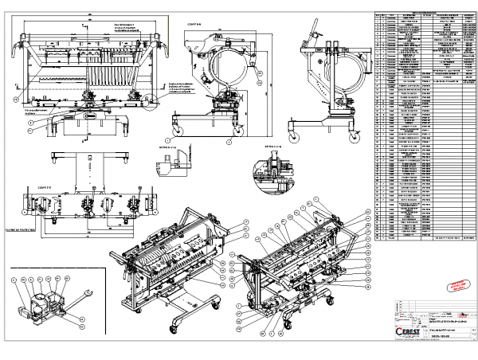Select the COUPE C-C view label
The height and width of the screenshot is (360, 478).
coord(39,189)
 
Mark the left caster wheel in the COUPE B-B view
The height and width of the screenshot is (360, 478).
coord(176,130)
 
